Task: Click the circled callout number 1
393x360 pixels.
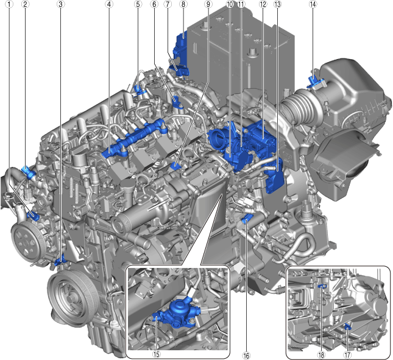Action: tap(10, 4)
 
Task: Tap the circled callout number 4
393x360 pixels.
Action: tap(109, 4)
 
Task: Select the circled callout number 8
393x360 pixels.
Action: tap(183, 4)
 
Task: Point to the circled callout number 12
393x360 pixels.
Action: tap(263, 4)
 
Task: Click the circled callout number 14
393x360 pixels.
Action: tap(313, 4)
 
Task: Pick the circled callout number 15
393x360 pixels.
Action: tap(156, 355)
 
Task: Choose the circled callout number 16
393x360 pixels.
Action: tap(246, 356)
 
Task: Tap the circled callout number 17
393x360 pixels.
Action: tap(347, 355)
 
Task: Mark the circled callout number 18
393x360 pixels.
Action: tap(321, 355)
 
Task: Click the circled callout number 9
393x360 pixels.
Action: tap(208, 4)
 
